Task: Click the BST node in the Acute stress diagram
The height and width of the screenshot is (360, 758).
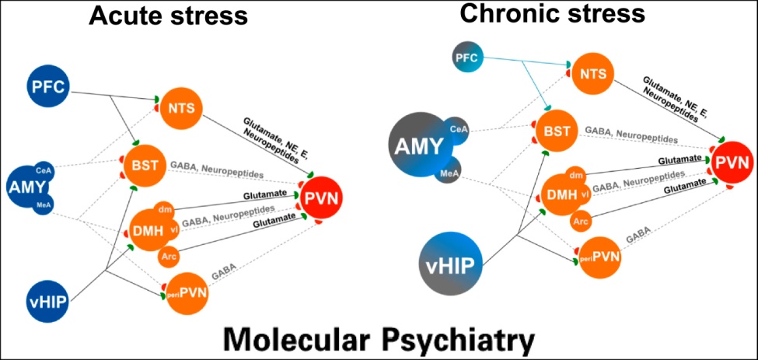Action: (x=142, y=165)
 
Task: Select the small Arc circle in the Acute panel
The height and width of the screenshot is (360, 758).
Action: (x=168, y=255)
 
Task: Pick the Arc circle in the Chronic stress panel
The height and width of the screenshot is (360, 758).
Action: (x=579, y=222)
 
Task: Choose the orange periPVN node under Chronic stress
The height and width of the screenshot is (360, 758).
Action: (x=599, y=257)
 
